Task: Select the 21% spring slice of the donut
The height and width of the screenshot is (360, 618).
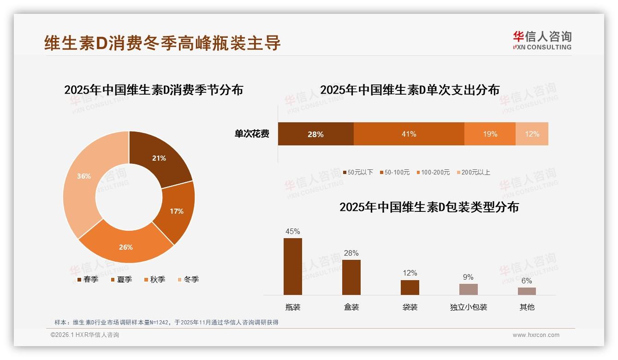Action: click(159, 158)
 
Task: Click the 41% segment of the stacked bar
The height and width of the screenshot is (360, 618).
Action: click(409, 134)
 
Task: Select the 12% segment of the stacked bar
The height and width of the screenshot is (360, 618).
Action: click(532, 134)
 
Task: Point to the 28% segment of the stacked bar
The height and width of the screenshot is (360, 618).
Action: click(315, 134)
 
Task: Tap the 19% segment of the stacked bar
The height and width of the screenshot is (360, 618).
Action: click(490, 134)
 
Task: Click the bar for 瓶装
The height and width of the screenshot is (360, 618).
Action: click(293, 266)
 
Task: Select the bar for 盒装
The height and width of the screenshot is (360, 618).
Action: click(351, 277)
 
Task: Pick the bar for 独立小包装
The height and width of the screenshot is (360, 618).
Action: click(468, 289)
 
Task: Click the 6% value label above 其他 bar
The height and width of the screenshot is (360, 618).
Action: click(527, 281)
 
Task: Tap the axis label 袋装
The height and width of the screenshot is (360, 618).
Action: click(410, 307)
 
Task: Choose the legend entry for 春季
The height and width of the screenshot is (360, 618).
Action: click(88, 279)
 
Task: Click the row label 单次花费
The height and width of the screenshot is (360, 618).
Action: click(252, 134)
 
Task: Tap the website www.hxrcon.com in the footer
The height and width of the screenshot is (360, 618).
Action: click(536, 335)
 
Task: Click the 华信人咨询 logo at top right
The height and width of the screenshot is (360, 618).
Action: click(542, 40)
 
